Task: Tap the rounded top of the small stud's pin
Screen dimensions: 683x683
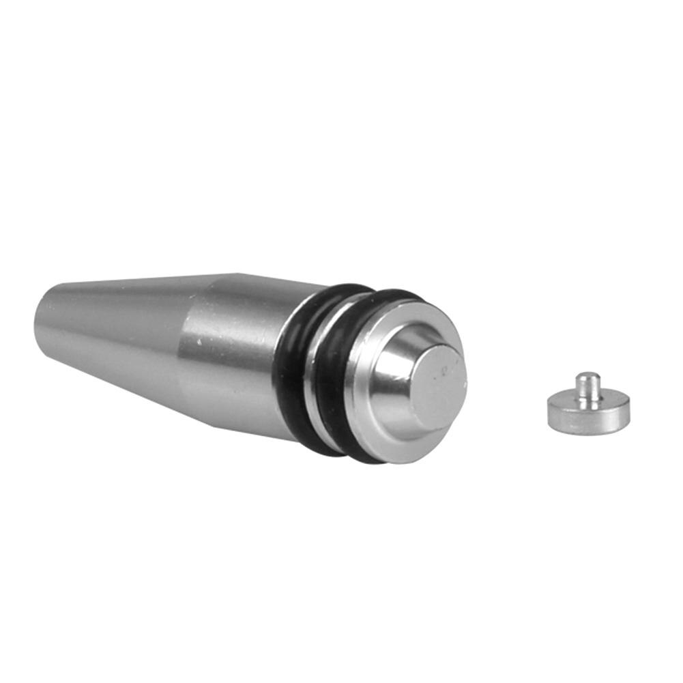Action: tap(588, 376)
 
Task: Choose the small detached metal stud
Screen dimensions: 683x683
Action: tap(588, 406)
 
